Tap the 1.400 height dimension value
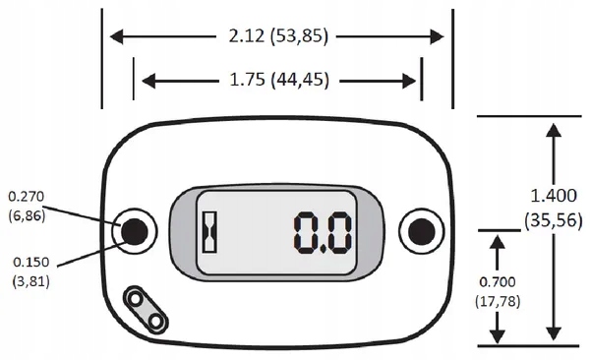553,196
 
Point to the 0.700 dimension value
498,282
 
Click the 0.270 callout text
27,196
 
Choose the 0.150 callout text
30,262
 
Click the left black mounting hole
135,231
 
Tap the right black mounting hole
422,231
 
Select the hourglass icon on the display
210,232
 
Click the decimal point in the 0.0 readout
324,249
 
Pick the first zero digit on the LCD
307,232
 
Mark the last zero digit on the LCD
340,232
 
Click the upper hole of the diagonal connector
136,300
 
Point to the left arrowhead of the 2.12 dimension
116,37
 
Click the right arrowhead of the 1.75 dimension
409,81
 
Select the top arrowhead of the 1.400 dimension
554,130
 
